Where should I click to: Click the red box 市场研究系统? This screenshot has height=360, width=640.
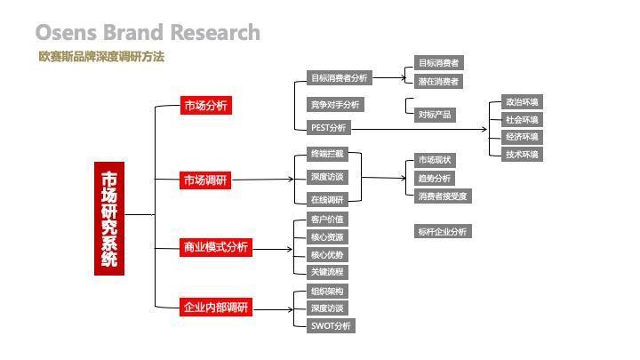tap(108, 219)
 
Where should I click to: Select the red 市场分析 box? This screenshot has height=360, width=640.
tap(205, 106)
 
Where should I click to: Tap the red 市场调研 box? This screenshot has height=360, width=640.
tap(205, 180)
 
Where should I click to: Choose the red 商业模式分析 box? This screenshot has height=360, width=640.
tap(215, 247)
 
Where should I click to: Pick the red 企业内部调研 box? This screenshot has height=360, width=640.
tap(215, 308)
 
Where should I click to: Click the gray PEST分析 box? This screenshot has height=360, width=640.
tap(328, 128)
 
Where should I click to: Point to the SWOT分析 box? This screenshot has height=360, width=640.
tap(331, 325)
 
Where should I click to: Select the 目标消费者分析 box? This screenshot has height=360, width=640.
tap(338, 78)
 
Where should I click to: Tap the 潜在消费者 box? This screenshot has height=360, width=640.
tap(439, 82)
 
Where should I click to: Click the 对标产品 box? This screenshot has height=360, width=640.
tap(435, 115)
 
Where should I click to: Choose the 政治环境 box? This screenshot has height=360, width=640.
tap(522, 102)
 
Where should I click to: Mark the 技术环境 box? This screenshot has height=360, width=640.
tap(522, 155)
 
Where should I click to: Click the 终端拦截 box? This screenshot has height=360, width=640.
tap(326, 155)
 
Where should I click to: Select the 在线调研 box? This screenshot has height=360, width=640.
tap(326, 199)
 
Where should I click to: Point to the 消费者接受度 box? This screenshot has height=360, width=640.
tap(443, 196)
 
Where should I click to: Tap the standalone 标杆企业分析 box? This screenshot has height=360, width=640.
tap(442, 232)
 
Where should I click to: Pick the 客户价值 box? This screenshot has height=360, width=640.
tap(327, 220)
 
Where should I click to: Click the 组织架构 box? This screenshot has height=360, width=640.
tap(327, 292)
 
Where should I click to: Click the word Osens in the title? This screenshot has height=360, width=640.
tap(67, 33)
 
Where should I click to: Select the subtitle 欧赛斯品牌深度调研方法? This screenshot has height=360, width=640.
tap(101, 57)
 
